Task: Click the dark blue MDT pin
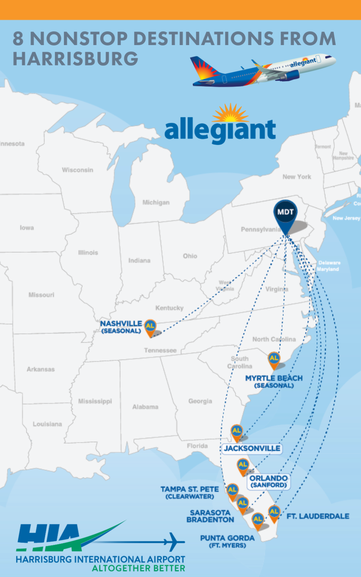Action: tap(285, 213)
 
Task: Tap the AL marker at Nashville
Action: tap(150, 326)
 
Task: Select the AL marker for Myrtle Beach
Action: tap(274, 358)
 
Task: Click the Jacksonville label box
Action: tap(252, 449)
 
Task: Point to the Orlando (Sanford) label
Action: tap(268, 481)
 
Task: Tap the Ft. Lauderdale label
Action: tap(318, 517)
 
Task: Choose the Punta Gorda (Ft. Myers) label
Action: tap(228, 541)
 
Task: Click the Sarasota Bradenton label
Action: tap(210, 516)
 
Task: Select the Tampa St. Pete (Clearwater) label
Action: tap(190, 492)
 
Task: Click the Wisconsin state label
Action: tap(77, 170)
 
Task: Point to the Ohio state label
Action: tap(190, 256)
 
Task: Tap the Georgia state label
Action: tap(200, 401)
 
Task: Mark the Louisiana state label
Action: tap(47, 424)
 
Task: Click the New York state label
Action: tap(297, 177)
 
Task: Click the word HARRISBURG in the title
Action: tap(76, 59)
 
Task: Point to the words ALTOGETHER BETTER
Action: tap(138, 568)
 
